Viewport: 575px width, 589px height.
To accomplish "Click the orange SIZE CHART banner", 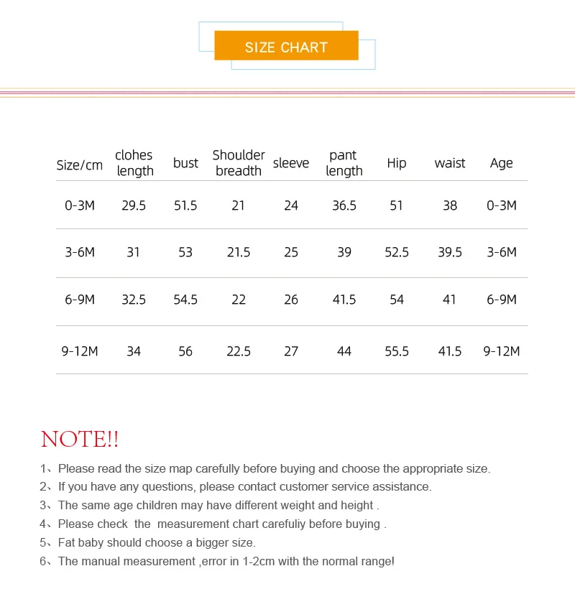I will click(x=286, y=46).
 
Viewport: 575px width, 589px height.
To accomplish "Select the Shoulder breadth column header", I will click(x=239, y=163).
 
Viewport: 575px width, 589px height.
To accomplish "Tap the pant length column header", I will click(x=344, y=163).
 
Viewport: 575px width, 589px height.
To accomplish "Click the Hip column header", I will click(x=397, y=163).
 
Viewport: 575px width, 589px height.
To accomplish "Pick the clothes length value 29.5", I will click(x=134, y=205).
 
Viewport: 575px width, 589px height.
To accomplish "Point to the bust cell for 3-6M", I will click(x=185, y=252).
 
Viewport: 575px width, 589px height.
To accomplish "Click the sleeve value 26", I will click(x=291, y=300).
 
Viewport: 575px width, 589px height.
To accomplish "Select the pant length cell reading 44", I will click(x=344, y=351).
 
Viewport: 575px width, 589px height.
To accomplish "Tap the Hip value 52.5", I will click(x=397, y=252).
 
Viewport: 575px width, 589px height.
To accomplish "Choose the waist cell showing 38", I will click(x=450, y=205).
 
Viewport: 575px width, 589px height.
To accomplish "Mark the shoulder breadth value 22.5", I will click(x=239, y=351).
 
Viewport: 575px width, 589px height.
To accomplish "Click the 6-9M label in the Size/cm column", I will click(x=80, y=300).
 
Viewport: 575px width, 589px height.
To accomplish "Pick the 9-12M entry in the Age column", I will click(x=502, y=351).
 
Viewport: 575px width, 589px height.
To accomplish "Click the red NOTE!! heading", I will click(x=80, y=439).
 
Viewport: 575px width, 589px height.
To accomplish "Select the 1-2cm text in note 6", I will click(x=253, y=561).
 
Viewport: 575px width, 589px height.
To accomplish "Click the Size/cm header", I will click(x=80, y=164).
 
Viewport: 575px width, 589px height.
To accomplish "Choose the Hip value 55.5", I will click(x=397, y=351).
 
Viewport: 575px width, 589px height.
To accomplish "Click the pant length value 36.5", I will click(x=344, y=205).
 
